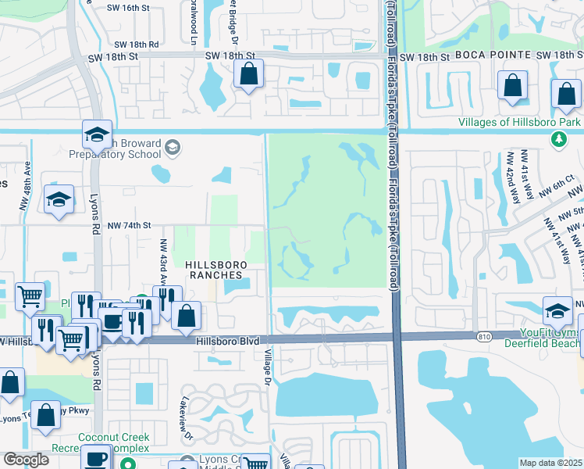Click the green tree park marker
(558, 139)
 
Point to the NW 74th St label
(129, 225)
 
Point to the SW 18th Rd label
(138, 45)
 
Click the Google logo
(26, 460)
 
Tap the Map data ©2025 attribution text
(550, 463)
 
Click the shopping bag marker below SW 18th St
(248, 76)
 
